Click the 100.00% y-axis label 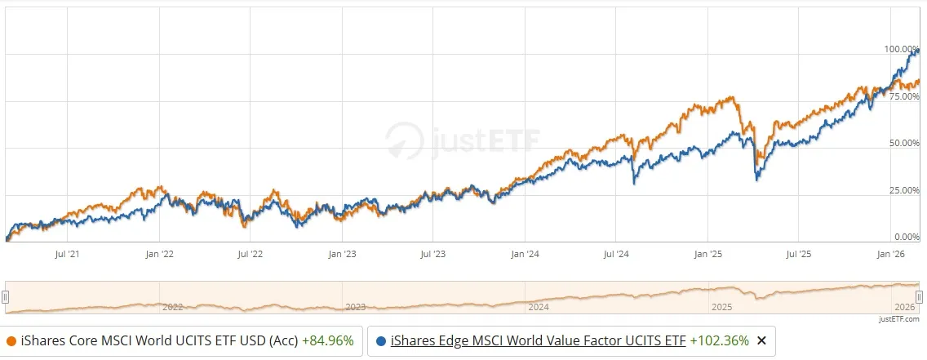click(902, 50)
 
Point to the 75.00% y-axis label click(904, 96)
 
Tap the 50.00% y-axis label click(904, 143)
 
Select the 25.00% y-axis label click(904, 190)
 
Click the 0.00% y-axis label click(907, 237)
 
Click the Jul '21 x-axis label click(67, 255)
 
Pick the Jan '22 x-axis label click(159, 255)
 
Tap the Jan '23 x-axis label click(342, 255)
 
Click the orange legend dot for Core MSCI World click(11, 341)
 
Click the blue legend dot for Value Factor click(381, 341)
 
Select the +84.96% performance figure click(327, 341)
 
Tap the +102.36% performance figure click(720, 341)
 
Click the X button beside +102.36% click(761, 341)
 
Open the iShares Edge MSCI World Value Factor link click(538, 341)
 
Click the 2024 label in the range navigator click(539, 308)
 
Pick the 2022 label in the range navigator click(172, 308)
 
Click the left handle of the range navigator click(6, 297)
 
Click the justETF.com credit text click(899, 319)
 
